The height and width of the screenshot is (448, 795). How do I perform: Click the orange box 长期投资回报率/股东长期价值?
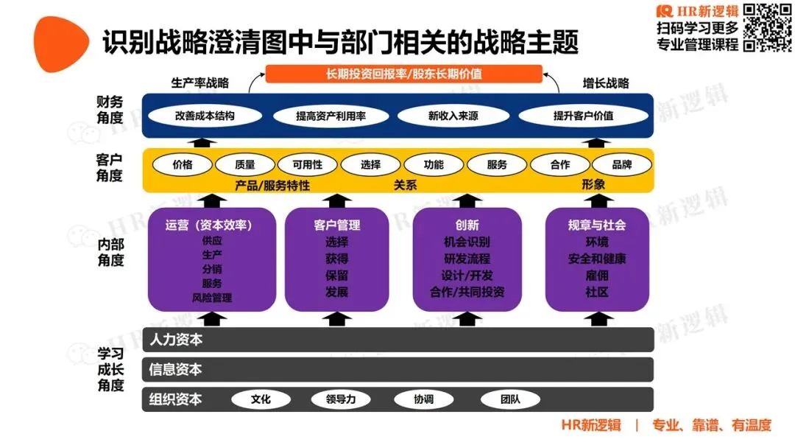(403, 74)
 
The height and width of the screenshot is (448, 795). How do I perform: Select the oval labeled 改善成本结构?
(205, 116)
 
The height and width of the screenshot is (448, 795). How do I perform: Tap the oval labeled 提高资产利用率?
(331, 116)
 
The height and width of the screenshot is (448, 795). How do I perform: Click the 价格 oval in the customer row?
(182, 165)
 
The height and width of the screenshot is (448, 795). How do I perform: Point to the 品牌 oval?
(622, 165)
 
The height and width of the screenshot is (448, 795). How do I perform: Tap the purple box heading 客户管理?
(336, 225)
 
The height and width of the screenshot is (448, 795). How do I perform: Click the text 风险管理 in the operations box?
(212, 298)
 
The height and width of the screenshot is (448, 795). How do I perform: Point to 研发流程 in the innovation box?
(467, 259)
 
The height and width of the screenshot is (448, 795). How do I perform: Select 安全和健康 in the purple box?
(597, 259)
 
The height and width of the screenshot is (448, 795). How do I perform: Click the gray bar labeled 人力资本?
(397, 340)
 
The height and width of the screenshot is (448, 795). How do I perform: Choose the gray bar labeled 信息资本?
(397, 369)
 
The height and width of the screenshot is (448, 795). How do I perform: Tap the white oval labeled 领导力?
(340, 399)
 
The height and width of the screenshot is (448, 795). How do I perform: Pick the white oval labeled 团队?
(510, 399)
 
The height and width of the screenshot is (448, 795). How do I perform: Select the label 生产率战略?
(200, 83)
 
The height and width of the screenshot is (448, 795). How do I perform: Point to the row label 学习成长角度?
(110, 368)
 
